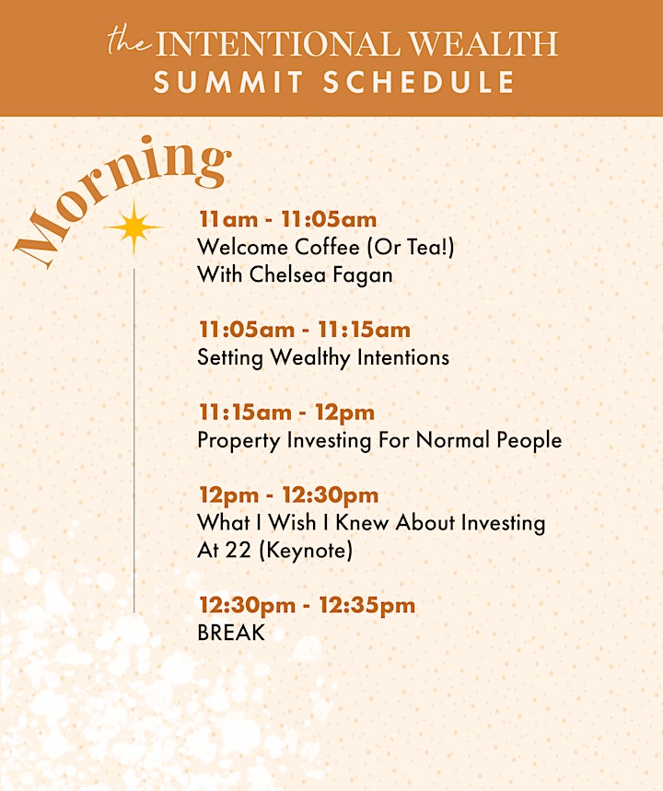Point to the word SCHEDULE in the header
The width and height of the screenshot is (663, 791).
click(419, 82)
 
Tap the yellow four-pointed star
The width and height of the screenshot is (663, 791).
click(134, 227)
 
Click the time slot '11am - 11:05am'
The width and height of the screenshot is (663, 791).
click(287, 219)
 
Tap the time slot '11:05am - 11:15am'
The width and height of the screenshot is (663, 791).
click(305, 330)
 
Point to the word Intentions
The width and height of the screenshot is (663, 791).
click(403, 357)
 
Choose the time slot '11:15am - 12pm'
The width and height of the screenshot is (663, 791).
click(286, 413)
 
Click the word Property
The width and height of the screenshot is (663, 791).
click(238, 441)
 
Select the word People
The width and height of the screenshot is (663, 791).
click(529, 440)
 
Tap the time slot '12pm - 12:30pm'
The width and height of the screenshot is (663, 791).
click(288, 495)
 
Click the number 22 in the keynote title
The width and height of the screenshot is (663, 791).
click(238, 550)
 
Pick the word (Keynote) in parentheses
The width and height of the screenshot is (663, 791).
click(306, 551)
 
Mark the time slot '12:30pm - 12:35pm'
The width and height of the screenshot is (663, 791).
click(308, 605)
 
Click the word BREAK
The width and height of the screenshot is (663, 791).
click(231, 633)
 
